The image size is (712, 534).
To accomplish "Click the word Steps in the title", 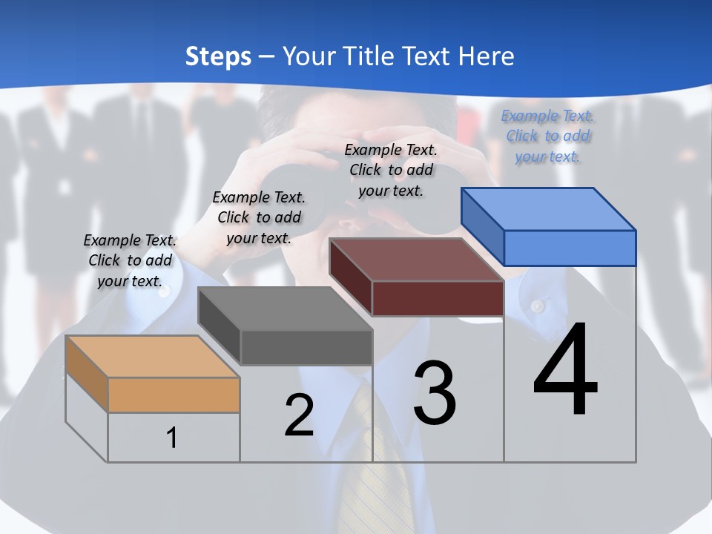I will (218, 56).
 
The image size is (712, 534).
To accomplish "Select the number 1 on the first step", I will (172, 438).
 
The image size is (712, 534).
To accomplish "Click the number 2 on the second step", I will (299, 415).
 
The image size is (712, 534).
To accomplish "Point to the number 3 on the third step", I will (435, 393).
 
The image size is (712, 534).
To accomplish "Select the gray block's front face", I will (306, 347).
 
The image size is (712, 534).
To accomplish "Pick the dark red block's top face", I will (416, 260).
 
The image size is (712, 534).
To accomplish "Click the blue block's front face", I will (570, 248).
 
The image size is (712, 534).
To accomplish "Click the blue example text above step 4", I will (547, 136).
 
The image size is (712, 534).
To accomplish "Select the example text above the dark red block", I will (391, 170).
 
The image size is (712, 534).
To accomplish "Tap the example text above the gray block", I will (259, 217).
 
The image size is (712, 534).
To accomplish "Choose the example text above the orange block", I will (130, 260).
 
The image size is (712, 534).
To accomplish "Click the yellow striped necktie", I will (378, 475).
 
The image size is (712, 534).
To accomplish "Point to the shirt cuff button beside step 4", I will (538, 306).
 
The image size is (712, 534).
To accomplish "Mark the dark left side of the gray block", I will (220, 326).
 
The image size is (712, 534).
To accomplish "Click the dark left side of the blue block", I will (482, 227).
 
